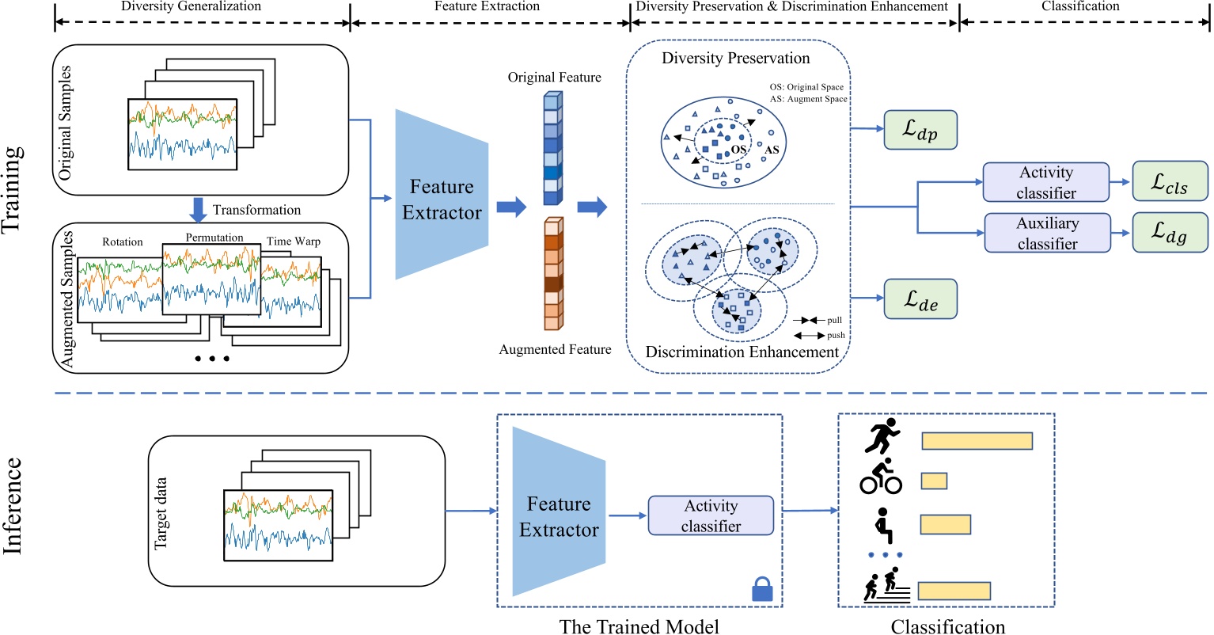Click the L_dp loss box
coord(920,130)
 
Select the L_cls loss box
coord(1170,181)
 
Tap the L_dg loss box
coord(1170,232)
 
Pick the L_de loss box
coord(920,298)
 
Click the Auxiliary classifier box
coord(1046,233)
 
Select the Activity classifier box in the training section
coord(1046,182)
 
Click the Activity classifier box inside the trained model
coord(711,515)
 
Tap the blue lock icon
coord(761,590)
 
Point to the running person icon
coord(882,436)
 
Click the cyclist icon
coord(881,477)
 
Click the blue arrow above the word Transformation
coord(198,210)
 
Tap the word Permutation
coord(214,238)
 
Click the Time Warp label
coord(294,241)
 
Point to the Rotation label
coord(123,241)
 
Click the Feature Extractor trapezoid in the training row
coord(442,195)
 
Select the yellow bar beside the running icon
coord(977,441)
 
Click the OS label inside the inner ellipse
coord(738,150)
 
